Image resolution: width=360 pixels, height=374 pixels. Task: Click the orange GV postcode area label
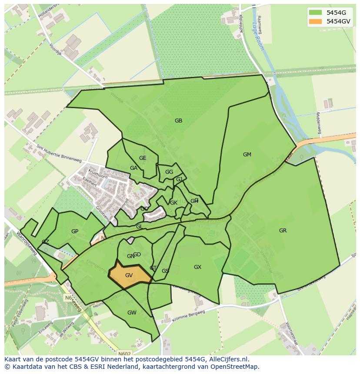[x=129, y=275]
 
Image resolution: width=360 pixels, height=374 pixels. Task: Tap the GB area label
[x=178, y=121]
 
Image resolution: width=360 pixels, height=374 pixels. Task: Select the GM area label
[x=247, y=155]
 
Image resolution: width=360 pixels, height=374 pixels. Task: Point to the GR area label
[x=283, y=231]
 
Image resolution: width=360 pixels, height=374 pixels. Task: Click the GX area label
[x=197, y=267]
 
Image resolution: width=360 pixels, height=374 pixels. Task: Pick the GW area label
[x=132, y=313]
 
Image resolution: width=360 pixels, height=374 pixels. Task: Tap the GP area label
[x=75, y=232]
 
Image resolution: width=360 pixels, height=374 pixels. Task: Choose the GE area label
[x=143, y=158]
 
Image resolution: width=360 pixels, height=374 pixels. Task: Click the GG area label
[x=169, y=172]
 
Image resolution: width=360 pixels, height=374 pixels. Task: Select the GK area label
[x=173, y=203]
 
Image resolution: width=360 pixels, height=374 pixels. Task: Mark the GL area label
[x=139, y=227]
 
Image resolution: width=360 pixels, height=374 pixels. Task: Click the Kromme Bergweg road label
[x=187, y=319]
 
